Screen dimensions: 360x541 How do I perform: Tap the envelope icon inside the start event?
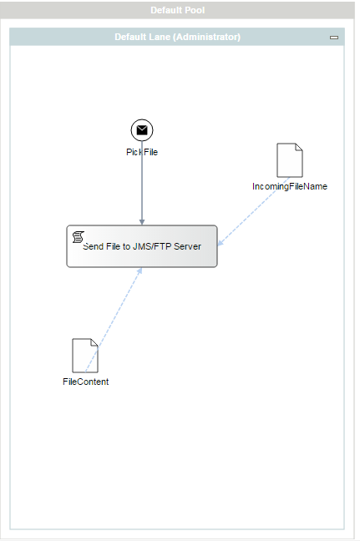pyautogui.click(x=142, y=130)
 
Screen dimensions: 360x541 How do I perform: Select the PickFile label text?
pyautogui.click(x=142, y=152)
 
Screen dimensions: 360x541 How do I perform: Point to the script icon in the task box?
pyautogui.click(x=79, y=237)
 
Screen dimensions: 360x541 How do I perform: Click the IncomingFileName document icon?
pyautogui.click(x=290, y=160)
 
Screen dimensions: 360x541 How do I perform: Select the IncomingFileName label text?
pyautogui.click(x=290, y=186)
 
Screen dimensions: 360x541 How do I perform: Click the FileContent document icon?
pyautogui.click(x=85, y=356)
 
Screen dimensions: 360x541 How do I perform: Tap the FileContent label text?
pyautogui.click(x=85, y=382)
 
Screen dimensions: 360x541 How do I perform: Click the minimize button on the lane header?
pyautogui.click(x=334, y=38)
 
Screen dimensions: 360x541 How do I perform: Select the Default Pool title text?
pyautogui.click(x=178, y=10)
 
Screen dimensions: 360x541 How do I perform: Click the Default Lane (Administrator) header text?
pyautogui.click(x=177, y=37)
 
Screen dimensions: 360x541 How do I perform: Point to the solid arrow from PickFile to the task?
pyautogui.click(x=142, y=183)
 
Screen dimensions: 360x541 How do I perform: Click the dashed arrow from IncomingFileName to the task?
pyautogui.click(x=254, y=211)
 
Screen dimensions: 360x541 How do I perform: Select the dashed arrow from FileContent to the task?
pyautogui.click(x=114, y=320)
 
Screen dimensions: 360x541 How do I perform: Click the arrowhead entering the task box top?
pyautogui.click(x=142, y=222)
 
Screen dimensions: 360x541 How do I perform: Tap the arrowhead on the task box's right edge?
pyautogui.click(x=221, y=243)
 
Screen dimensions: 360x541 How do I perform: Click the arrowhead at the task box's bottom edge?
pyautogui.click(x=139, y=270)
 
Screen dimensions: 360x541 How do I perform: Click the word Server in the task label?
pyautogui.click(x=187, y=246)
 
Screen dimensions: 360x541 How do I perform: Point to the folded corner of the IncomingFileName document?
pyautogui.click(x=299, y=147)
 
